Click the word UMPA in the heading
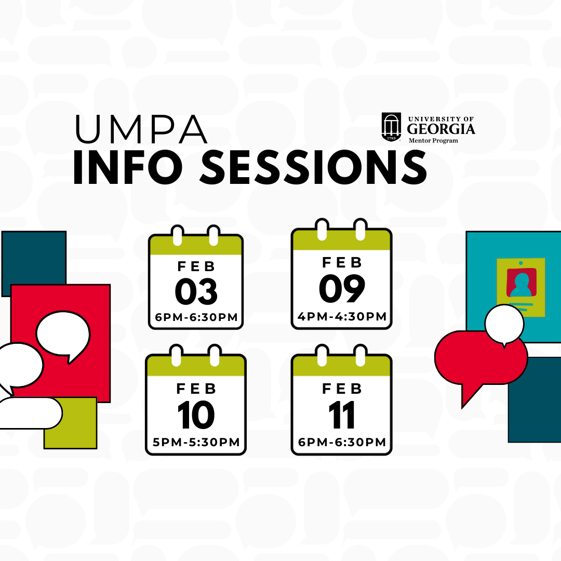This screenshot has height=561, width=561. point(141,129)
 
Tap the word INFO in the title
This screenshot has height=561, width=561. point(128,167)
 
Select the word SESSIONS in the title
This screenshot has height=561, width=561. point(313,167)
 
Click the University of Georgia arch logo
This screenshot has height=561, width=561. point(392,127)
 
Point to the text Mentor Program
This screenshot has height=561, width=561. point(433,141)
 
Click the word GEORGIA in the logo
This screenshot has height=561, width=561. point(441,129)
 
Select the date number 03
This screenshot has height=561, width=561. point(196,291)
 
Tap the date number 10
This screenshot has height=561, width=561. point(196,415)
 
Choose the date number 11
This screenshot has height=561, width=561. point(342,415)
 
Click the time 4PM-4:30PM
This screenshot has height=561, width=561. point(342,317)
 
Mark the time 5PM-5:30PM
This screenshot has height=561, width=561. point(196,442)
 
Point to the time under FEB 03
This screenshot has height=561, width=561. point(196,317)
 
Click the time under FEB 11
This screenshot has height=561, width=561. point(342,442)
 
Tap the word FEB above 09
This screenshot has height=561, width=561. point(342,263)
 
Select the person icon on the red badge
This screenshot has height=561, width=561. point(522,285)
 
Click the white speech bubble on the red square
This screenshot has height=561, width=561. point(63,335)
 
